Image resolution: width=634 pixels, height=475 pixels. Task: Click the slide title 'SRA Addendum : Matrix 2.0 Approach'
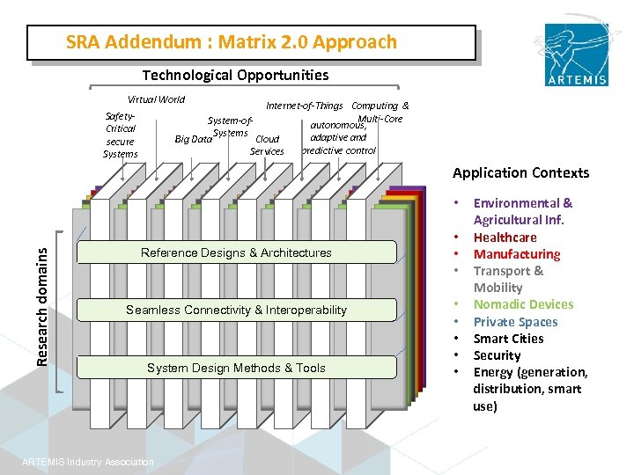coord(232,42)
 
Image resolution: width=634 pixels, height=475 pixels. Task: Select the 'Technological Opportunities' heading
coord(235,76)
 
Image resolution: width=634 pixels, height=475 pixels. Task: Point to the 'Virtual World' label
coord(157,99)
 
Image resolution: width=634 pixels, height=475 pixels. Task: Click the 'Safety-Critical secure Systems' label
coord(120,135)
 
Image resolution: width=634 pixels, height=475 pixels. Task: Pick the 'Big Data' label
coord(194,139)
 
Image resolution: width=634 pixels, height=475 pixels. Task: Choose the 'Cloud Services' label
coord(267,145)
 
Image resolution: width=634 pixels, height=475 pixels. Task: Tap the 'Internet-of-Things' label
coord(305,106)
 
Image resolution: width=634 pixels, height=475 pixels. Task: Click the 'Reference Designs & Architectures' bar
coord(236,253)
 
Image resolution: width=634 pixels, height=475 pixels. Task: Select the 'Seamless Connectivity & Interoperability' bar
coord(236,311)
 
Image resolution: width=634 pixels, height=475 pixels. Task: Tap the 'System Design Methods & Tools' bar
coord(236,369)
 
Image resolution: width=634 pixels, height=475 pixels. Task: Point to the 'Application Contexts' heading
coord(520,173)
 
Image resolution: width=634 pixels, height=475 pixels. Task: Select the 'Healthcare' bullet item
coord(505,237)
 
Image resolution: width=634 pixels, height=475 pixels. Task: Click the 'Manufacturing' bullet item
coord(516,254)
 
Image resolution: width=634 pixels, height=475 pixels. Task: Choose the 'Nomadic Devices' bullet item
coord(523,304)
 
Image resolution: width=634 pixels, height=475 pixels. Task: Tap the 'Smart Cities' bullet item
coord(508,339)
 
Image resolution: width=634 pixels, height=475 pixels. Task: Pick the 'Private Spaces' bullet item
coord(515,322)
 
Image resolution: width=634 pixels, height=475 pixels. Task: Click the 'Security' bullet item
coord(497,355)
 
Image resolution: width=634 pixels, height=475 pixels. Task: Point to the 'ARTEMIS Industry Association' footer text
coord(88,463)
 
